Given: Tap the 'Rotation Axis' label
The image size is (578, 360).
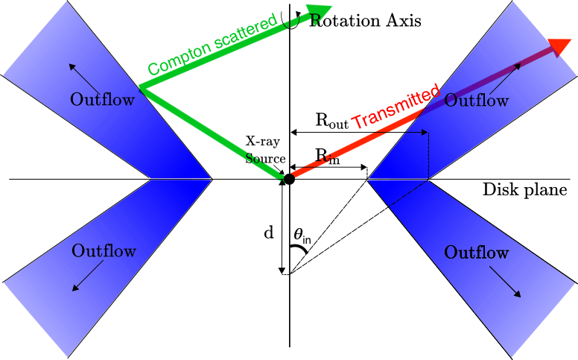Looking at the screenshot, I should (x=365, y=21).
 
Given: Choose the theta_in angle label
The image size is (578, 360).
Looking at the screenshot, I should (x=302, y=236).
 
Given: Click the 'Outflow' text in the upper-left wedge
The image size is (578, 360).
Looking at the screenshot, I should (x=103, y=99).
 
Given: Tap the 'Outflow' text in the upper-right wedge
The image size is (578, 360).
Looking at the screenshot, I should (x=477, y=100).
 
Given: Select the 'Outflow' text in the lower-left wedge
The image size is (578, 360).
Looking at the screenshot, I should (x=104, y=251).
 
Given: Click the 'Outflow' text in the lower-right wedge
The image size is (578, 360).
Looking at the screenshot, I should (x=476, y=252).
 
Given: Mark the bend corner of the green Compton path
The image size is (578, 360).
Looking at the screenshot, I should (x=141, y=87).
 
